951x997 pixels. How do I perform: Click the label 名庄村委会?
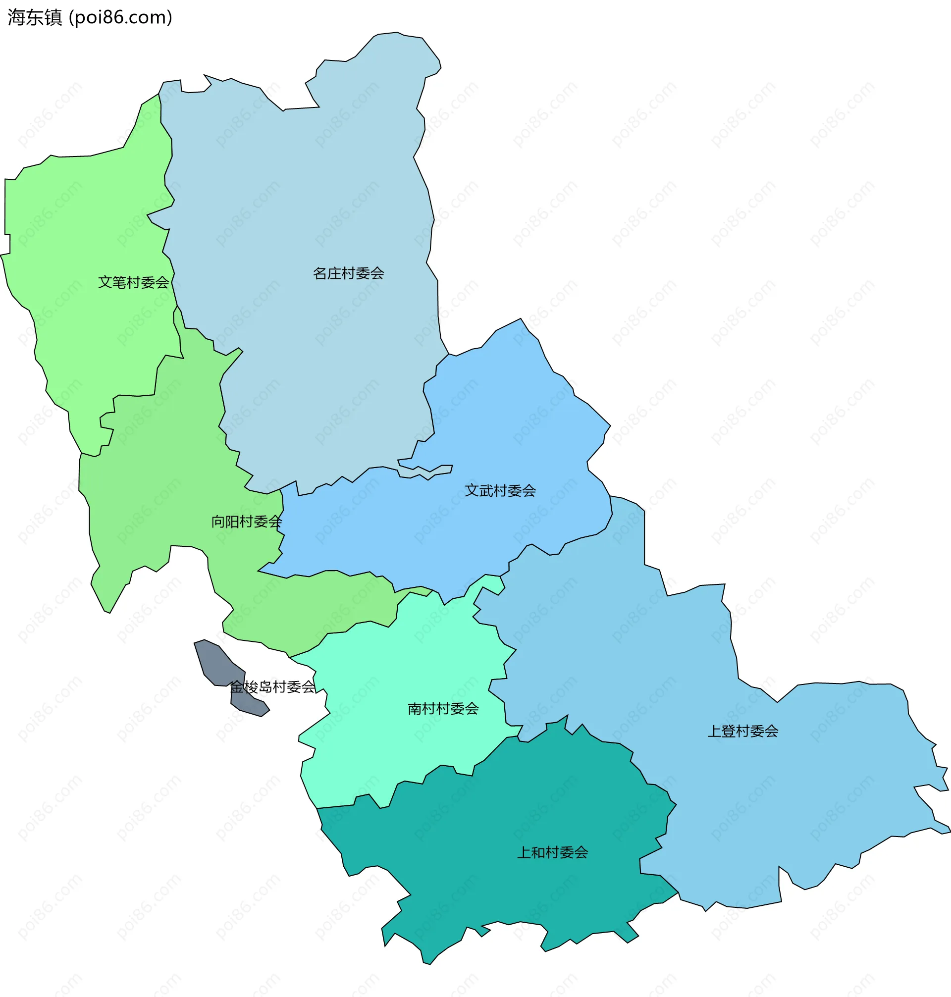pos(348,274)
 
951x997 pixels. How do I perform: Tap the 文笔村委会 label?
pos(133,282)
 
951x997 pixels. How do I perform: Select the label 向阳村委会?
pos(246,522)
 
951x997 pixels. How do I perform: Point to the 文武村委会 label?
pos(500,491)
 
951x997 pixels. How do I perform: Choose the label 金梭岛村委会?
pos(272,687)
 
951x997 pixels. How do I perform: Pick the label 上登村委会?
pos(742,731)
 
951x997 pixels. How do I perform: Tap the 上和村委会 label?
pos(553,852)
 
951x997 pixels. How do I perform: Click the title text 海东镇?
pos(35,18)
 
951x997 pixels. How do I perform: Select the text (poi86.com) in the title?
pos(121,18)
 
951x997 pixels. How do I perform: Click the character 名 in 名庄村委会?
pos(320,274)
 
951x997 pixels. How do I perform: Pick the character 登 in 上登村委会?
pos(729,731)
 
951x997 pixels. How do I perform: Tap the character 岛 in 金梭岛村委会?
pos(265,687)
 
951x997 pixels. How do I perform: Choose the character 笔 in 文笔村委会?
pos(119,282)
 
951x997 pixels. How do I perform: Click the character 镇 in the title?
pos(53,18)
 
